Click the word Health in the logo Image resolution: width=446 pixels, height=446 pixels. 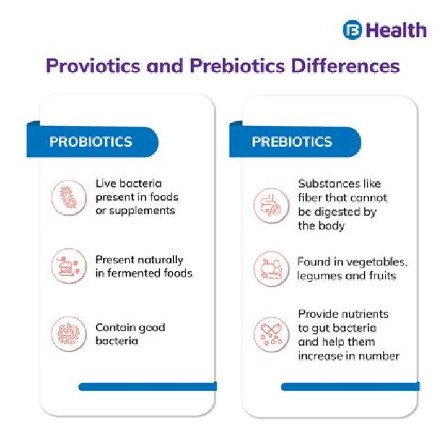point(396,30)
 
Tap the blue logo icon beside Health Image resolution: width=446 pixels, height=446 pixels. point(352,30)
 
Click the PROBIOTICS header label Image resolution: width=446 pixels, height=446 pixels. point(90,142)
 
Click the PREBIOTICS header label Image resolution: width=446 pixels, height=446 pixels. point(292,142)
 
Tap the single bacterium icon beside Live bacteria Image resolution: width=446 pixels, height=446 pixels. point(68,198)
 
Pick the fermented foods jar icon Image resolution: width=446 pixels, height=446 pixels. point(68,266)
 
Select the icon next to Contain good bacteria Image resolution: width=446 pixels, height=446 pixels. point(68,334)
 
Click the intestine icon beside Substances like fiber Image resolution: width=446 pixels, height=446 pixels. point(271,205)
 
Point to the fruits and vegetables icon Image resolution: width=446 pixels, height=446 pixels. point(271,269)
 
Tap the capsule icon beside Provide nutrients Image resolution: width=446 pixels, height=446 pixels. point(271,334)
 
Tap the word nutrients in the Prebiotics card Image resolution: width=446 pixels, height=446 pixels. point(364,314)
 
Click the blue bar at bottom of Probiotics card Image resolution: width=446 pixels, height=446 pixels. point(147,387)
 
